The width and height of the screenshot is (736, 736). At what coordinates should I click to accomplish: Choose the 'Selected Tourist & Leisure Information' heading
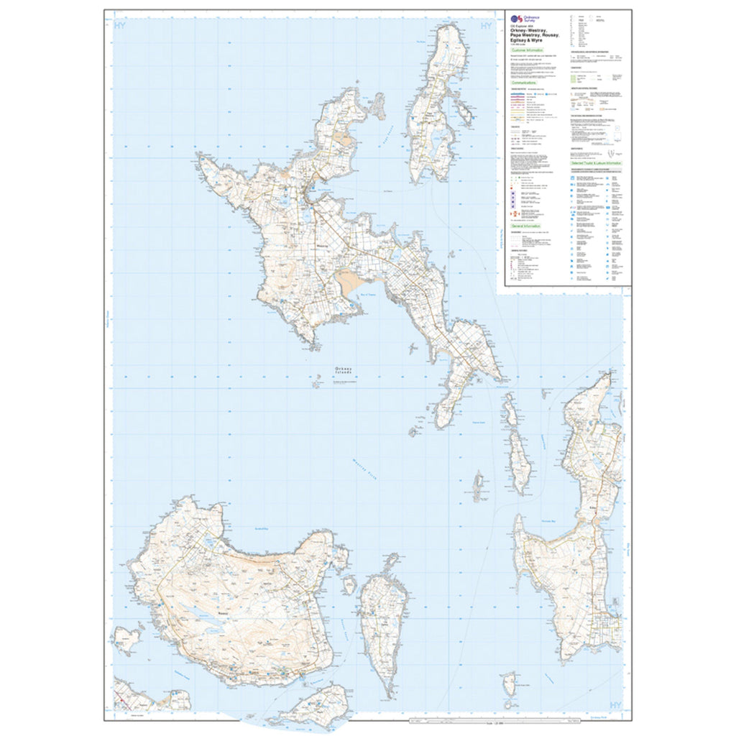596,164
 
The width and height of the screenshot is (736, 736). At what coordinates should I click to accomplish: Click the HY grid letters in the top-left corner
120,26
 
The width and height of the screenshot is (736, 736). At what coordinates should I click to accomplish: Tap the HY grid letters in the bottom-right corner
615,705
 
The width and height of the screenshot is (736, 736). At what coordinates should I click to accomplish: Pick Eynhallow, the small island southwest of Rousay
127,638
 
